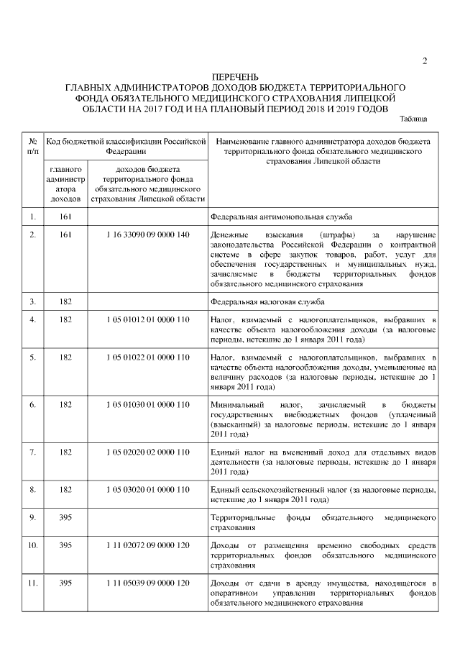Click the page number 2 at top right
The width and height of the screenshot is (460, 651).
(x=425, y=60)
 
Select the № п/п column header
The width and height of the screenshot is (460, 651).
(x=32, y=145)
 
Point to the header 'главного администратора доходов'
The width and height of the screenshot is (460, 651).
(x=65, y=183)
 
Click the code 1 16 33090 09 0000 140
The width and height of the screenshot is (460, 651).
(x=147, y=235)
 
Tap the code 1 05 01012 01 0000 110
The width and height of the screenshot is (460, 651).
(x=147, y=319)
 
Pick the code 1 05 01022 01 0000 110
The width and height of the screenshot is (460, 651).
(x=147, y=357)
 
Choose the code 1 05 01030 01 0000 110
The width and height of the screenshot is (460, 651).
(x=147, y=404)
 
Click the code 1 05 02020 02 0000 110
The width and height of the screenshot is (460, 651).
(x=147, y=452)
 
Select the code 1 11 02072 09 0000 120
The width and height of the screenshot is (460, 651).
(x=147, y=545)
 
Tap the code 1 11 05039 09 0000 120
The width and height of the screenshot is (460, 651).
(x=147, y=583)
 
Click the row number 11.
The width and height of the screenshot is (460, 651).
(x=32, y=583)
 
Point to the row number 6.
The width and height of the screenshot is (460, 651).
(x=32, y=404)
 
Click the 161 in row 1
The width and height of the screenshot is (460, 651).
(x=65, y=215)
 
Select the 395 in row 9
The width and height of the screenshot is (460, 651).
(x=65, y=517)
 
